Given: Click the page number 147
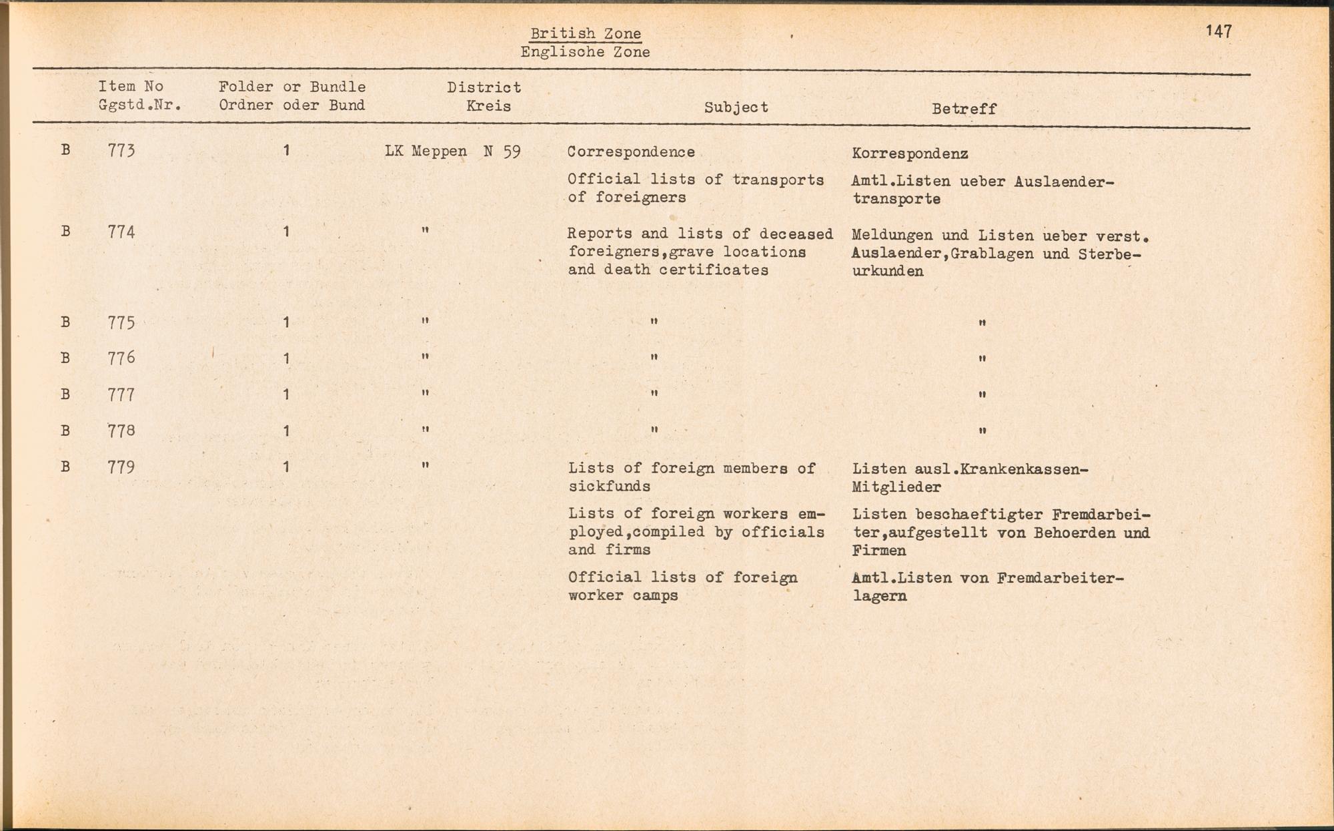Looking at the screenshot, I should click(x=1219, y=31).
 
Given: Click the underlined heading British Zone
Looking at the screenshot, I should click(x=586, y=33).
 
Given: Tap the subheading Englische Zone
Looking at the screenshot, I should click(x=585, y=52).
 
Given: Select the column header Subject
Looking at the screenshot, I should click(x=736, y=107).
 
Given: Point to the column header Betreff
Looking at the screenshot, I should click(x=964, y=109).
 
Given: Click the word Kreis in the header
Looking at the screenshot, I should click(x=488, y=106).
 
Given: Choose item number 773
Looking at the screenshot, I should click(x=121, y=151).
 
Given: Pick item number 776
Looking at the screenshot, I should click(x=121, y=358).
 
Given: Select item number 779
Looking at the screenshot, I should click(x=121, y=467).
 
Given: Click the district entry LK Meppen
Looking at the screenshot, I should click(x=426, y=152).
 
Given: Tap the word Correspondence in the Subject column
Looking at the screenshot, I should click(x=631, y=152).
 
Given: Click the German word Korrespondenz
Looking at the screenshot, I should click(x=910, y=154).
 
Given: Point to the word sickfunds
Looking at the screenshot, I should click(x=609, y=487).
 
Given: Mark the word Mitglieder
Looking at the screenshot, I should click(x=896, y=488).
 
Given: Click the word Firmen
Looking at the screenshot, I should click(x=878, y=551).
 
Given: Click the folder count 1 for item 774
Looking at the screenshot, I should click(x=286, y=232).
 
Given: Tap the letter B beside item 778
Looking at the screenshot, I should click(x=65, y=431).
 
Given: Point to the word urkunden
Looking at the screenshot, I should click(x=887, y=272).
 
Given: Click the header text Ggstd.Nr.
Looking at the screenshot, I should click(x=140, y=105).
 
